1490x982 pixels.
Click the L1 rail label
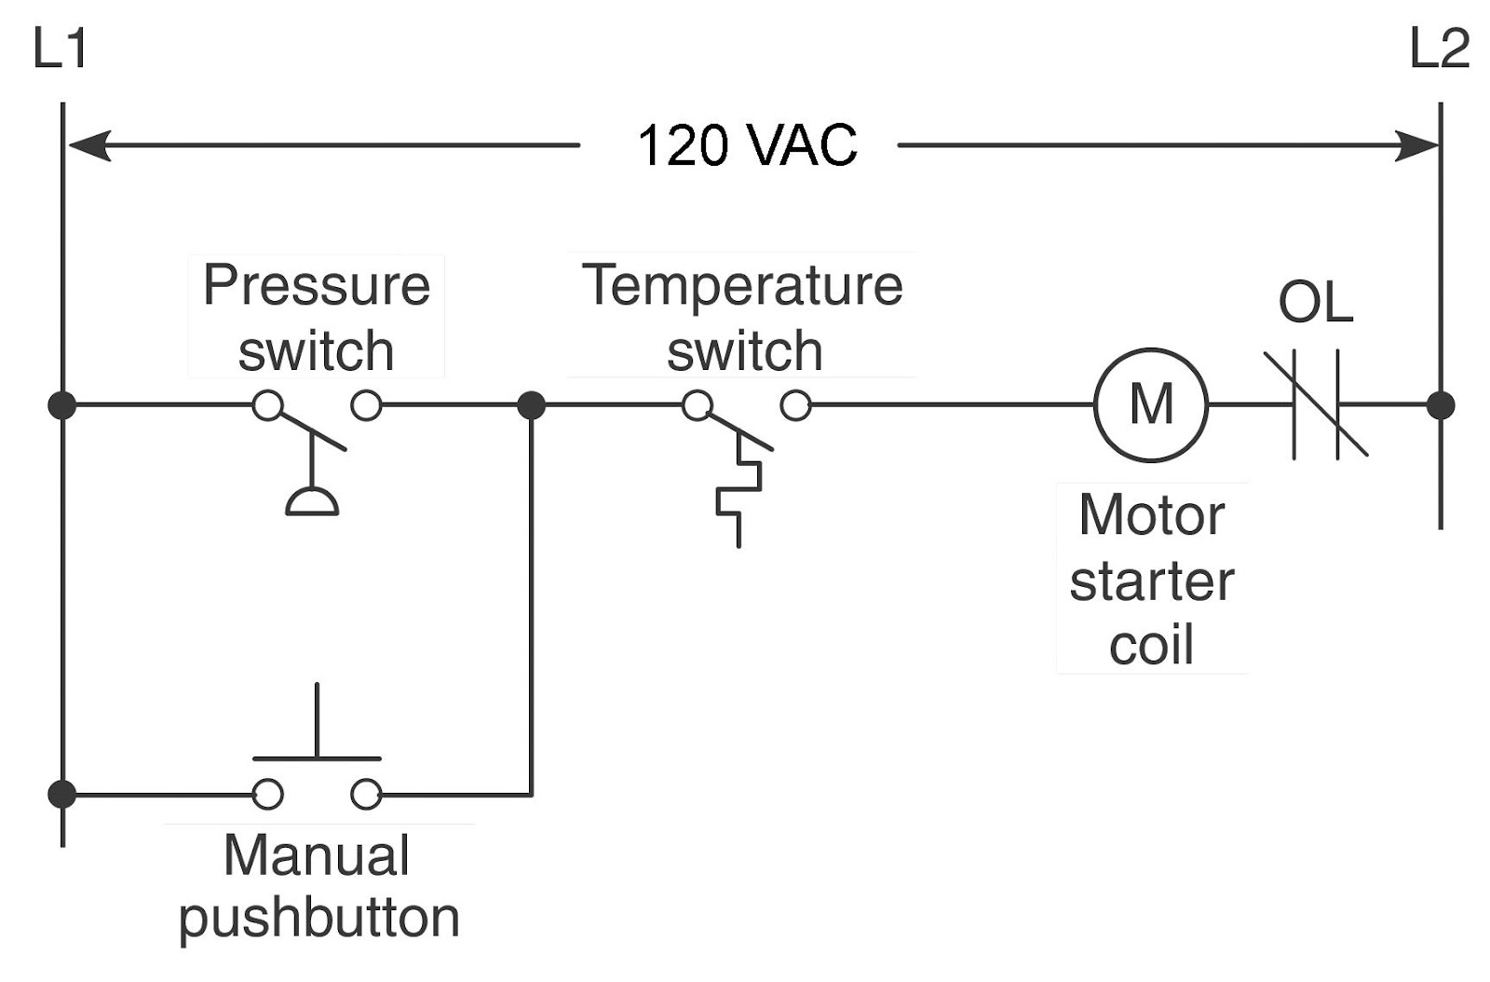click(x=60, y=49)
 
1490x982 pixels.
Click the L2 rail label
click(x=1439, y=49)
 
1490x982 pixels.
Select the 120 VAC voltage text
click(x=747, y=146)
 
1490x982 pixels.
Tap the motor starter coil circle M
click(x=1151, y=405)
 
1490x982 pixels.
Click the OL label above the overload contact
click(x=1314, y=303)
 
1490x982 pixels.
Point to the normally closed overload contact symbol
click(x=1316, y=405)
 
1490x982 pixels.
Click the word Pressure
click(x=317, y=285)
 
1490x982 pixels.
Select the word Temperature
click(x=742, y=285)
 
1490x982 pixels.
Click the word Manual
click(x=317, y=855)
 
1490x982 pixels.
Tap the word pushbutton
click(x=318, y=919)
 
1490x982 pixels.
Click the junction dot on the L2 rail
click(x=1441, y=405)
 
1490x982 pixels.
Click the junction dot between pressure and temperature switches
click(x=531, y=405)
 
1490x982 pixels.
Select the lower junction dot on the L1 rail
click(x=62, y=795)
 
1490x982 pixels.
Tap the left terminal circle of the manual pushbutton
click(x=268, y=795)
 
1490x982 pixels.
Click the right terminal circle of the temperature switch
click(x=795, y=405)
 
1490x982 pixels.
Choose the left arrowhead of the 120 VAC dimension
click(x=88, y=146)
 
